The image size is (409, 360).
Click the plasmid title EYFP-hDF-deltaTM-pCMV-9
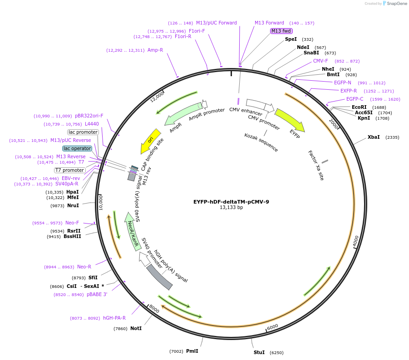point(231,202)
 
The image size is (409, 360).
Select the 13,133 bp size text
point(231,208)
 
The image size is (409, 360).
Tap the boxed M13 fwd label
point(281,31)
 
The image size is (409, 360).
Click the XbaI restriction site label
point(374,137)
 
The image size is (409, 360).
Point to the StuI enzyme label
point(259,352)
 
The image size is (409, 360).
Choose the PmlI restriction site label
point(192,351)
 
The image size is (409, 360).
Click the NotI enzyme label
point(136,328)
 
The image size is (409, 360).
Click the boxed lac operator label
point(77,148)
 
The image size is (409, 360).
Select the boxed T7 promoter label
point(70,170)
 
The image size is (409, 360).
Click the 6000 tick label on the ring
point(272,327)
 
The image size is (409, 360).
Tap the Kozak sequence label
point(261,142)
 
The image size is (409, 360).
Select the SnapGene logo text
point(396,4)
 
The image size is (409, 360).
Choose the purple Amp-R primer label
point(155,50)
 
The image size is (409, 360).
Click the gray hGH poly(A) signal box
point(159,277)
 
